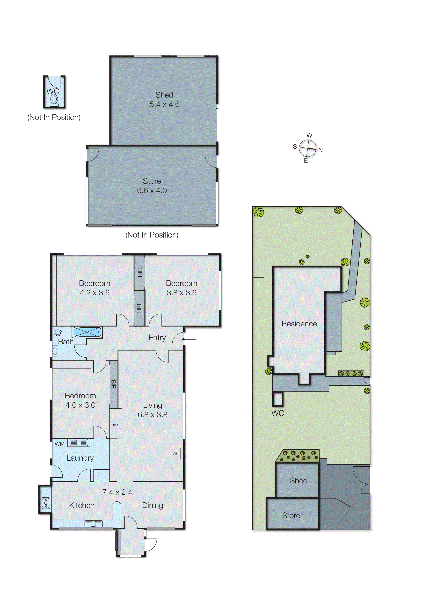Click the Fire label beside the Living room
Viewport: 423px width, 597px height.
pyautogui.click(x=114, y=424)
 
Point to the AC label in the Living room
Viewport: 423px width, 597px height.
pyautogui.click(x=176, y=454)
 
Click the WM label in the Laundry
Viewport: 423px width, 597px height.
pyautogui.click(x=59, y=444)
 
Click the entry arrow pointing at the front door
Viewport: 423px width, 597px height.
pyautogui.click(x=189, y=339)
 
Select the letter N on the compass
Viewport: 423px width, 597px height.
pyautogui.click(x=321, y=150)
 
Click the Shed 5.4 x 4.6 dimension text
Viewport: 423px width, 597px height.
pyautogui.click(x=164, y=104)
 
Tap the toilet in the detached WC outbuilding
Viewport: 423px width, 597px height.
pyautogui.click(x=54, y=99)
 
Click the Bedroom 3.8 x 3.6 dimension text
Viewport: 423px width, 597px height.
pyautogui.click(x=181, y=293)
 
